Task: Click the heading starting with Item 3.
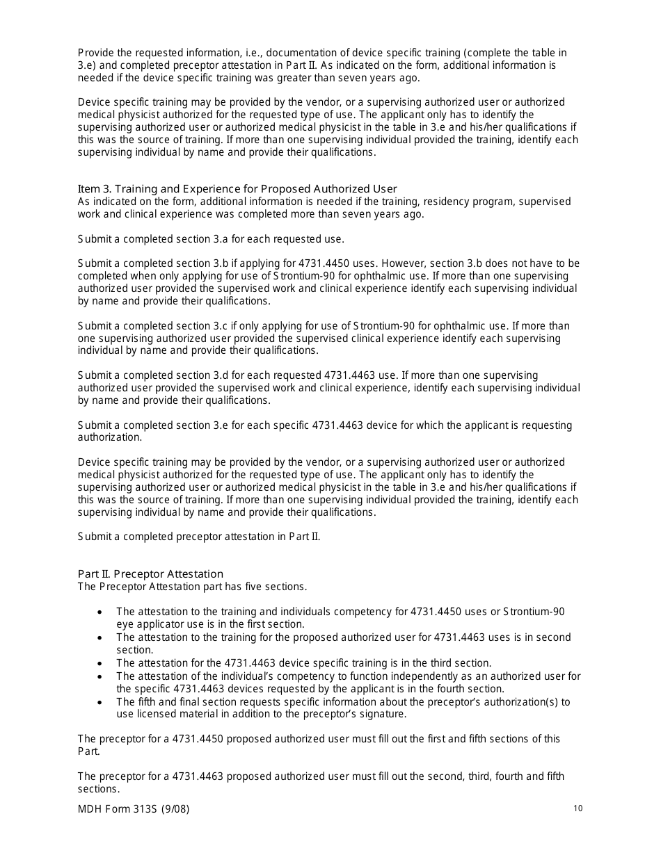[237, 189]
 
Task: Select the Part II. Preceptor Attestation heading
[150, 574]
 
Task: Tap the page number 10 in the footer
[578, 808]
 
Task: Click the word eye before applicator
[125, 624]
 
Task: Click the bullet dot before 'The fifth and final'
[101, 702]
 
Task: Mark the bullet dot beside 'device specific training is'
[101, 664]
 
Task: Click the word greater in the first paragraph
[269, 78]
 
